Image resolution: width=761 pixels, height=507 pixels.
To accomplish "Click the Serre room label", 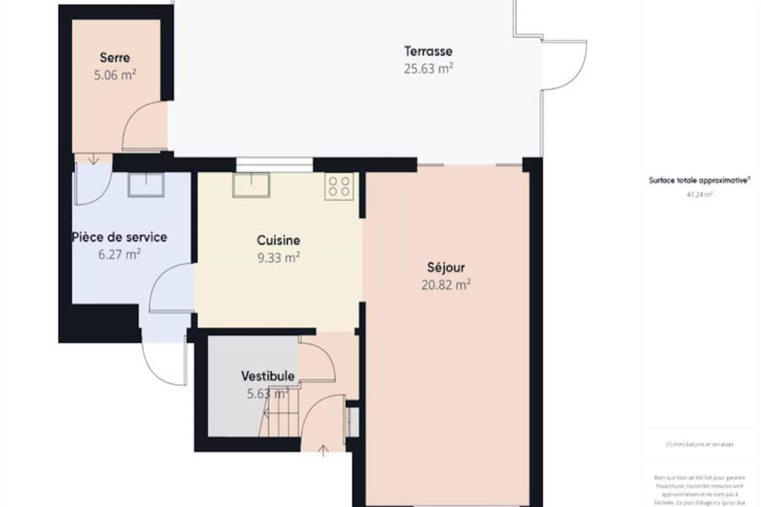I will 115,58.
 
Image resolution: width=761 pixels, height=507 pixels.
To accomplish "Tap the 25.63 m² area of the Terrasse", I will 428,69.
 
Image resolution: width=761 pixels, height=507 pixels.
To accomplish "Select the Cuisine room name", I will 278,240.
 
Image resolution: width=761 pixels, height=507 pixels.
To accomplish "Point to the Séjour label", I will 446,267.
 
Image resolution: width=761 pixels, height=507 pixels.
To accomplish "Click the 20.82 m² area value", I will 446,285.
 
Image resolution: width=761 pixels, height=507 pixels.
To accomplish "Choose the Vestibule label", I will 268,376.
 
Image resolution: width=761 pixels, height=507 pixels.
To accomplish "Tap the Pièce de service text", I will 119,237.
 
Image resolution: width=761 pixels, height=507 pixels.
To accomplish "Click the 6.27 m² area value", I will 119,254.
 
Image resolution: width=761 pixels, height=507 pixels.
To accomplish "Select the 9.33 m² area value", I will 278,258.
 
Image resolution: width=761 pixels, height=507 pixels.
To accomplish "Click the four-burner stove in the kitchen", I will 339,186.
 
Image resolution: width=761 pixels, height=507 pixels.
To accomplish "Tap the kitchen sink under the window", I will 251,185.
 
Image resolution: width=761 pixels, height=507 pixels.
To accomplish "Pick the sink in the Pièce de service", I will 146,184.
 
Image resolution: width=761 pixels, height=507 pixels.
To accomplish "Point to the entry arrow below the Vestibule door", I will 323,451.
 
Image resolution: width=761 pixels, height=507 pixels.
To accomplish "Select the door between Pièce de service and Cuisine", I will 171,287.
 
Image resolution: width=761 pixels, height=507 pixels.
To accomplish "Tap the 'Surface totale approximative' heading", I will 699,181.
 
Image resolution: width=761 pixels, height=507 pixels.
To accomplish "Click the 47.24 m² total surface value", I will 699,194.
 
